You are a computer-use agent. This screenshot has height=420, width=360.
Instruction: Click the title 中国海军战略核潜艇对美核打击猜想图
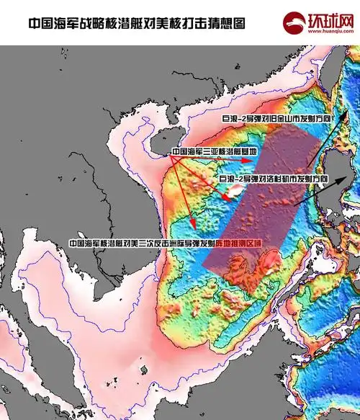136,23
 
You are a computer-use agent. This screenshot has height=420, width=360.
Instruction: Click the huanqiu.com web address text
323,32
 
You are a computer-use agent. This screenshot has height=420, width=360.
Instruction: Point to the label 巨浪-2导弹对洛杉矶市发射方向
274,177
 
